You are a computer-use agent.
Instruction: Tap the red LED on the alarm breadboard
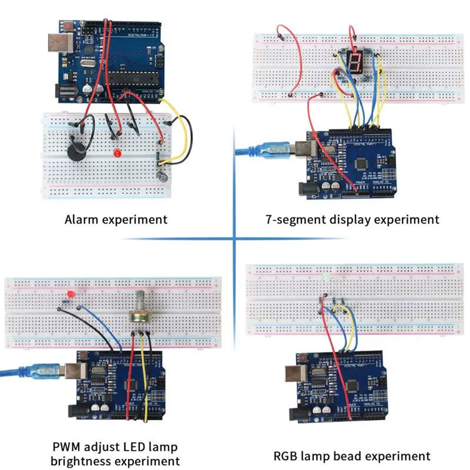(117, 153)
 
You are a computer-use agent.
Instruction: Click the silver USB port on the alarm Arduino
(60, 43)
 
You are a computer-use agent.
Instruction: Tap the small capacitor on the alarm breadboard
(163, 177)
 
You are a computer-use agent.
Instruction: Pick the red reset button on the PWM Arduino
(84, 356)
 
